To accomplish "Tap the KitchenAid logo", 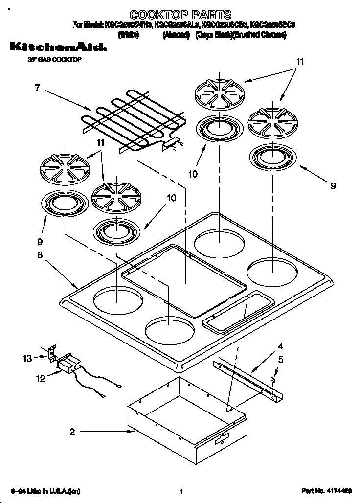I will (58, 47).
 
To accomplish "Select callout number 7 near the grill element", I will (37, 88).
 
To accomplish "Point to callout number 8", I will (40, 255).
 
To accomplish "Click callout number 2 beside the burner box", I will (72, 432).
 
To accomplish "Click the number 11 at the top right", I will (300, 61).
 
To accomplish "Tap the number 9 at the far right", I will (333, 185).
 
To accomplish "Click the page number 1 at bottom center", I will (181, 491).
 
